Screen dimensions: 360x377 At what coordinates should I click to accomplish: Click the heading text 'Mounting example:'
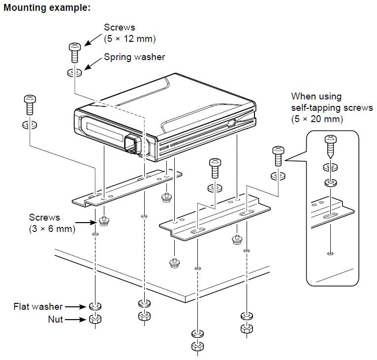(47, 8)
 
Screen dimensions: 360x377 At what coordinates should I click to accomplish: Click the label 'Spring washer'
(134, 57)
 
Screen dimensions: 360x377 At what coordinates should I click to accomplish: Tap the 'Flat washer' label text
(38, 307)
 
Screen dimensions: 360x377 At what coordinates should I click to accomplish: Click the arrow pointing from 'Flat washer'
(76, 307)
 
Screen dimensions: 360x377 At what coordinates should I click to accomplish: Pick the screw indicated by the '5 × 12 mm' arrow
(74, 51)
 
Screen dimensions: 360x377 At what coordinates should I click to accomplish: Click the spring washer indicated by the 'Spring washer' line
(74, 72)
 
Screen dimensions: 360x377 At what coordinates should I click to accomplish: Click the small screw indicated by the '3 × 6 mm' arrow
(104, 221)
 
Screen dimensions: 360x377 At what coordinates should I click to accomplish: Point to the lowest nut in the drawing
(197, 345)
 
